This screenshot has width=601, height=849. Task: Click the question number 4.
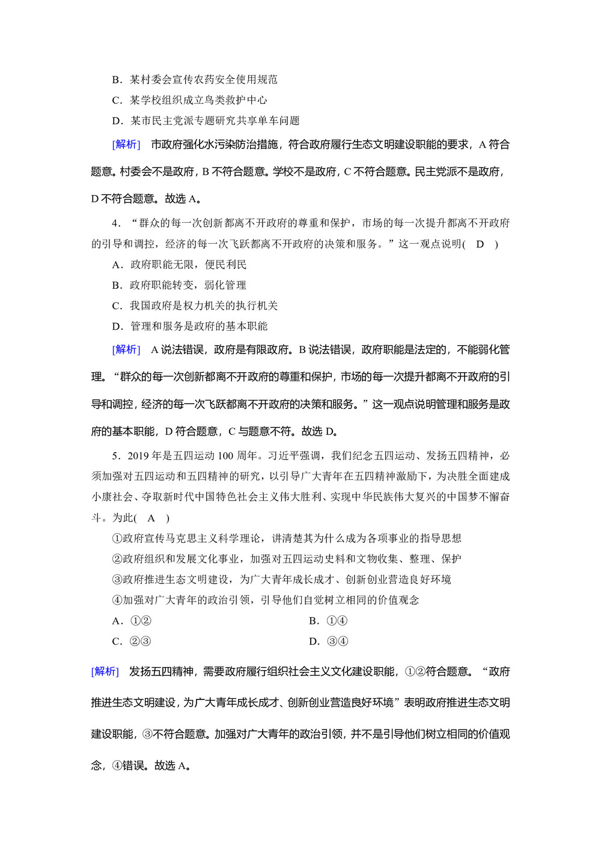(x=115, y=223)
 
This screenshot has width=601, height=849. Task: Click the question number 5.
(x=115, y=456)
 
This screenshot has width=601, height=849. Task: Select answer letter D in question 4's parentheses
(x=480, y=244)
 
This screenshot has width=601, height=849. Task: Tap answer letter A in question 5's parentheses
(x=151, y=518)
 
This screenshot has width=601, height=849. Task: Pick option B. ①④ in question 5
(x=328, y=621)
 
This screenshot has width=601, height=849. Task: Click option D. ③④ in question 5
(x=328, y=641)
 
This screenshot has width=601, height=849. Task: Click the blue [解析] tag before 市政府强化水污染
(x=126, y=144)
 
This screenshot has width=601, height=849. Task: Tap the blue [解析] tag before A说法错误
(x=126, y=349)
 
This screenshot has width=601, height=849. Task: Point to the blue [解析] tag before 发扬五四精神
(x=105, y=671)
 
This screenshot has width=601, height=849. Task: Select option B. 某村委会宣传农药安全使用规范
(x=195, y=79)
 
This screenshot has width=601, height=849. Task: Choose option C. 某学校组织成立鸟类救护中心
(x=189, y=100)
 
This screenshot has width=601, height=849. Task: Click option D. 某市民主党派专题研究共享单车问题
(x=206, y=121)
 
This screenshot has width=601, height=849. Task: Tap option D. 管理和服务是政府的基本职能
(x=189, y=326)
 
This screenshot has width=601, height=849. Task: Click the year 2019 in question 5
(x=140, y=456)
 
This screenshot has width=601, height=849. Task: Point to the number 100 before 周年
(x=225, y=456)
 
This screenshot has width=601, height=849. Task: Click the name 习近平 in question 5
(x=284, y=456)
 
